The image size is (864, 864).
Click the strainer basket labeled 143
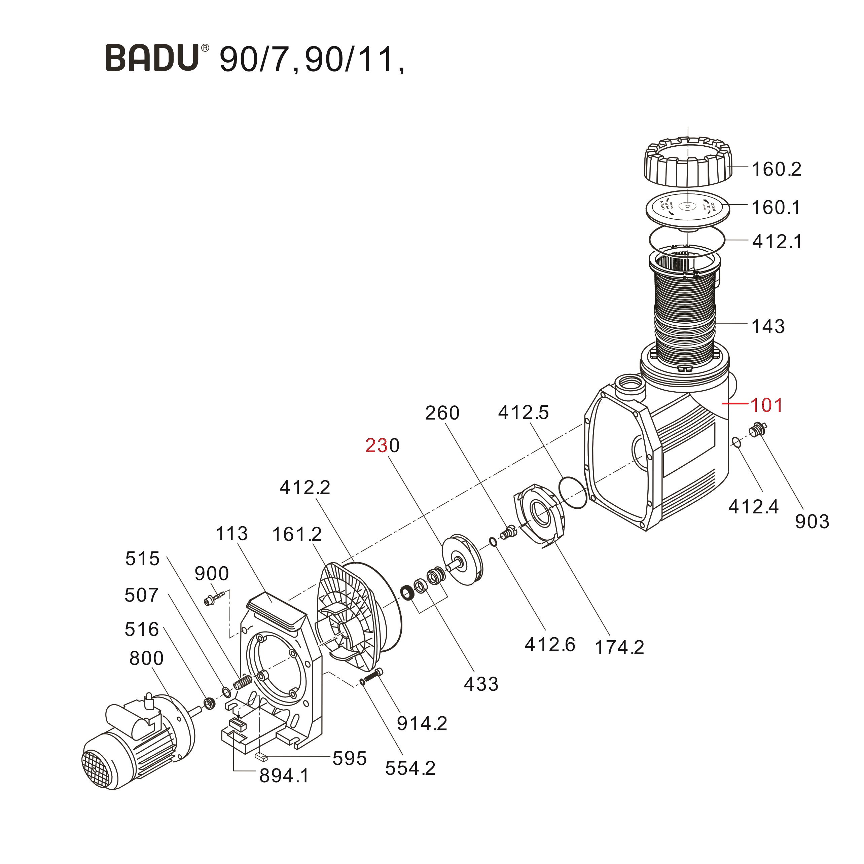(x=684, y=313)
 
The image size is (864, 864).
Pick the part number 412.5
(x=523, y=412)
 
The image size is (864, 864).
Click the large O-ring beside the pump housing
(x=573, y=492)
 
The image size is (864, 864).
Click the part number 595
(x=349, y=758)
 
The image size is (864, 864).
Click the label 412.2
(x=304, y=488)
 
